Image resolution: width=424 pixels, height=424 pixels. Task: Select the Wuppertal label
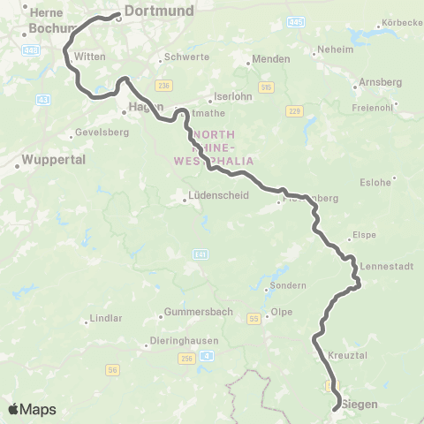click(53, 163)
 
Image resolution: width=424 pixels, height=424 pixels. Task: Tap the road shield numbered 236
click(163, 85)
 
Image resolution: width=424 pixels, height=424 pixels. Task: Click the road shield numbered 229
click(294, 110)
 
